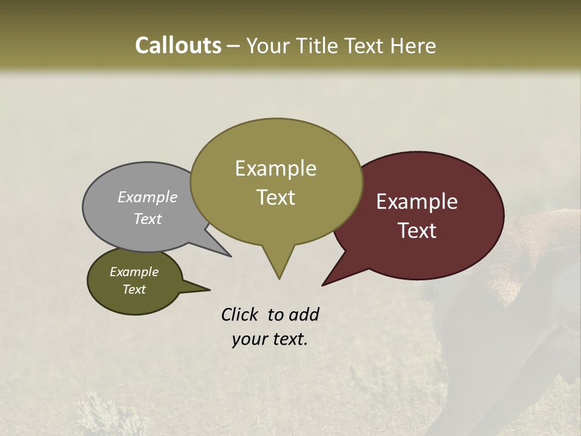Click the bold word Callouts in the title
[179, 45]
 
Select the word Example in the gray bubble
[148, 197]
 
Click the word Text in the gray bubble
[148, 219]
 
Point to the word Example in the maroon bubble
[417, 202]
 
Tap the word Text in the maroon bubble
[418, 230]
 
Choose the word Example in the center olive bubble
[275, 168]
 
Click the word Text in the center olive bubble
[276, 197]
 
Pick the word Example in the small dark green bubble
[134, 272]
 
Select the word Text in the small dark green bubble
[134, 289]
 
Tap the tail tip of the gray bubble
[230, 256]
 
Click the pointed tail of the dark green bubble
[209, 289]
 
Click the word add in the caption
[304, 314]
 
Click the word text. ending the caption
[288, 339]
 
